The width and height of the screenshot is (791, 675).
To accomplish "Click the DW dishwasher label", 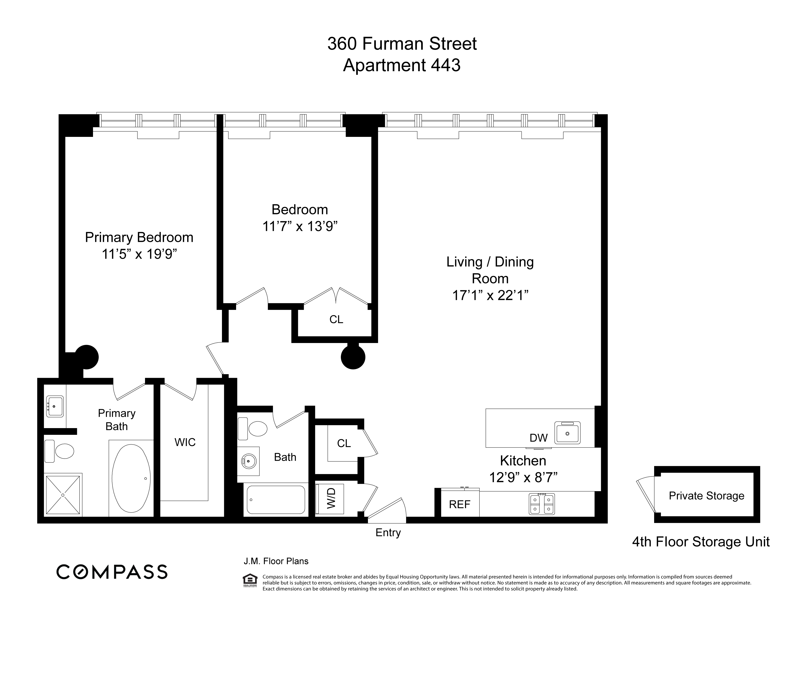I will coord(538,438).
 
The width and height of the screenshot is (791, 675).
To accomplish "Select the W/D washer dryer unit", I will coord(331,498).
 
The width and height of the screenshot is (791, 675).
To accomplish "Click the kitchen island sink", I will coord(567,433).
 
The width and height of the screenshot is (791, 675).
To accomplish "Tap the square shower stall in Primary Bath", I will coord(63,495).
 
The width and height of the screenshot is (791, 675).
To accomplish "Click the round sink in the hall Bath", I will coord(249,461).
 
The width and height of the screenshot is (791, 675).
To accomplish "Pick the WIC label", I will coord(185,442).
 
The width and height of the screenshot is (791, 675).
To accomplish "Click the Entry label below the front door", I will coord(388,533).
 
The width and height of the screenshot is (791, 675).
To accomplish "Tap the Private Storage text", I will coord(706,495).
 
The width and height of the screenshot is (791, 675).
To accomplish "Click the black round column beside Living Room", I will coord(353,357).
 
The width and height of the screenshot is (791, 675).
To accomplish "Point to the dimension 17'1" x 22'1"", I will coord(490,295).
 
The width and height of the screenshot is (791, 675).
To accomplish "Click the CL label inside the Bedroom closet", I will coord(336,319).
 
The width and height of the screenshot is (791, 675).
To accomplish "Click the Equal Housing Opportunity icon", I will coord(250,580).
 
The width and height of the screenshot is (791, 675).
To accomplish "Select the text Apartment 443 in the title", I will coord(401,65).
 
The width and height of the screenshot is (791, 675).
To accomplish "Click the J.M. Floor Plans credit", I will coord(276,561).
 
